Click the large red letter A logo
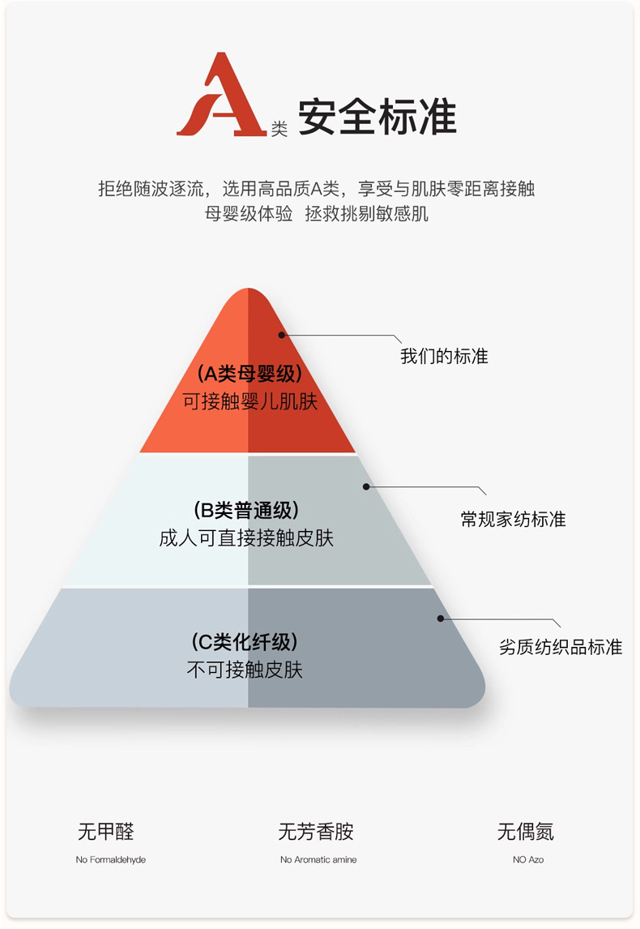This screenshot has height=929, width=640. (220, 96)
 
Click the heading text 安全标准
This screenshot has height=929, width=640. (377, 118)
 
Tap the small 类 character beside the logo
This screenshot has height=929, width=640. (279, 129)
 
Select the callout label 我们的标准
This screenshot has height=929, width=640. (444, 357)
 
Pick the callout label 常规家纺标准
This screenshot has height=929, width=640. (513, 520)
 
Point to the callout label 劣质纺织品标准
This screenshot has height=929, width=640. (560, 648)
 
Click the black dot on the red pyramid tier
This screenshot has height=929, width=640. (282, 334)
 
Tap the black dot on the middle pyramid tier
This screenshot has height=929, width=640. (366, 486)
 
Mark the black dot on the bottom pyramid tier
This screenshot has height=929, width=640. (441, 619)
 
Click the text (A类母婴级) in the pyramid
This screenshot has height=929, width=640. (249, 375)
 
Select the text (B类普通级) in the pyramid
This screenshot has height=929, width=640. (247, 511)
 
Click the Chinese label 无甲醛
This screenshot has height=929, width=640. (105, 832)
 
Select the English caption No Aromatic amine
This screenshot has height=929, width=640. (318, 860)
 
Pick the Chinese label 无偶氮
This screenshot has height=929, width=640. (526, 832)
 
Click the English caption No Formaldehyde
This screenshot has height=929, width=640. (111, 860)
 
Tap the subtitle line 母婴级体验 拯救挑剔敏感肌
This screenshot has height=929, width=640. (317, 215)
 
